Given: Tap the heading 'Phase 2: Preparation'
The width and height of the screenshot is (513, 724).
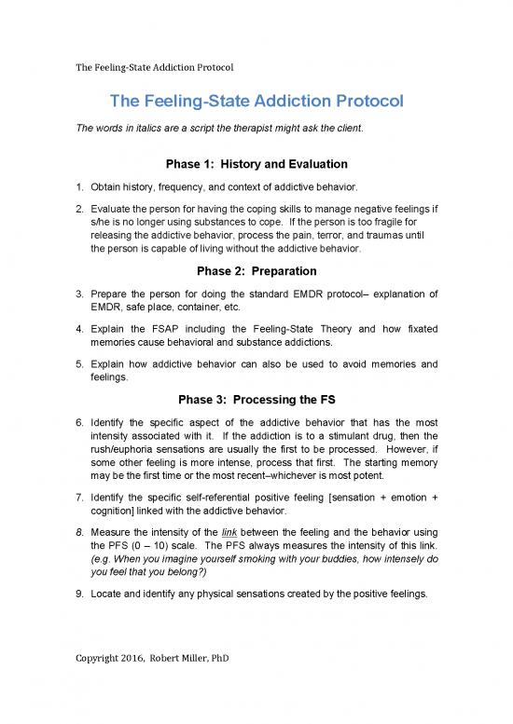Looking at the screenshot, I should point(256,271).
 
